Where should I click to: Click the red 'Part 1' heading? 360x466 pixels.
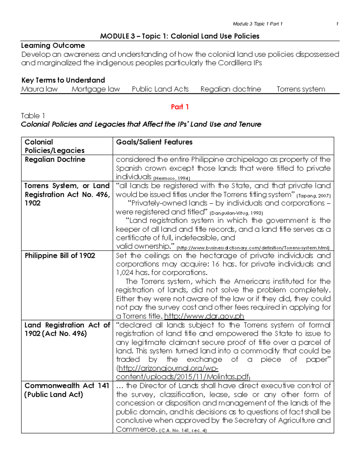(180, 107)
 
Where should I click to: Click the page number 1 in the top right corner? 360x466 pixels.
(337, 24)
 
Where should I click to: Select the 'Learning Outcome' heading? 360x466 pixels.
(53, 46)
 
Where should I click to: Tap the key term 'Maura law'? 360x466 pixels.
(39, 89)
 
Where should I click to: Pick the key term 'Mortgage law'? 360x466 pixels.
(96, 89)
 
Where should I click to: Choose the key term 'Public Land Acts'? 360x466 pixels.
(160, 89)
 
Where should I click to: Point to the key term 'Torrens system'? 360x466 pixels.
(301, 89)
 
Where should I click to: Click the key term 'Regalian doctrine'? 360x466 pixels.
(231, 89)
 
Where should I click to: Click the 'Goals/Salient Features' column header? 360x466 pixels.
(154, 142)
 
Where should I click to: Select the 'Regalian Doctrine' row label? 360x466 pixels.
(55, 159)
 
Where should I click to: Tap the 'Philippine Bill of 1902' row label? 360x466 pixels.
(60, 256)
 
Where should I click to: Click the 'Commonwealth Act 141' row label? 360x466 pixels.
(67, 386)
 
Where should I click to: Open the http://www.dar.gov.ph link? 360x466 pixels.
(204, 316)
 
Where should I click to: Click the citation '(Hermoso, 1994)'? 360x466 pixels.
(172, 178)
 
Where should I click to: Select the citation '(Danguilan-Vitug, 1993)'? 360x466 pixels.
(236, 213)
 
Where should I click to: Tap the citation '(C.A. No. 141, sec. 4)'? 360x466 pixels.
(183, 431)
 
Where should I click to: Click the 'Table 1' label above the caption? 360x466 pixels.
(33, 116)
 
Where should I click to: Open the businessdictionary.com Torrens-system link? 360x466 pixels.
(253, 248)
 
